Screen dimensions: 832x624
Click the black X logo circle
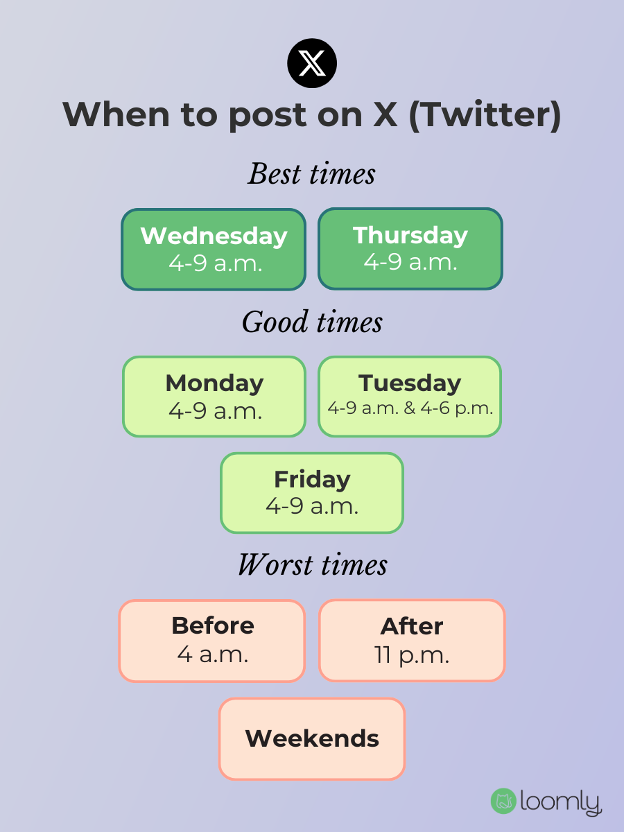[312, 64]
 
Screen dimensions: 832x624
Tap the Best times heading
[312, 174]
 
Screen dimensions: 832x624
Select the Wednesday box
[214, 249]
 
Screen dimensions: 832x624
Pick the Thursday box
[410, 249]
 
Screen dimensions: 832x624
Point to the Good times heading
[312, 322]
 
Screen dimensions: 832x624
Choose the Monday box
[214, 397]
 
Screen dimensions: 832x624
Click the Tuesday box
[410, 397]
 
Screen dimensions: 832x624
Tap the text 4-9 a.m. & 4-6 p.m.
[410, 408]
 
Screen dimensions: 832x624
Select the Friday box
[312, 493]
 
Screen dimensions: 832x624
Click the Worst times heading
[312, 565]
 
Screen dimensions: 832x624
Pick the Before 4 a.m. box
[212, 641]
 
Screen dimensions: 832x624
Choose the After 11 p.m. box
[412, 641]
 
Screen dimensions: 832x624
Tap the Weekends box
[312, 738]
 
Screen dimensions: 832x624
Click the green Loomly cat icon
[503, 801]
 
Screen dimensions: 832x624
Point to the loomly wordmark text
[560, 802]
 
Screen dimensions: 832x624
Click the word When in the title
[114, 115]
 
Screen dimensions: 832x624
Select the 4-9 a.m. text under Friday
[312, 506]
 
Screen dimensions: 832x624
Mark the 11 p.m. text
[412, 655]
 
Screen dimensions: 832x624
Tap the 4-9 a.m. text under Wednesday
[215, 263]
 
